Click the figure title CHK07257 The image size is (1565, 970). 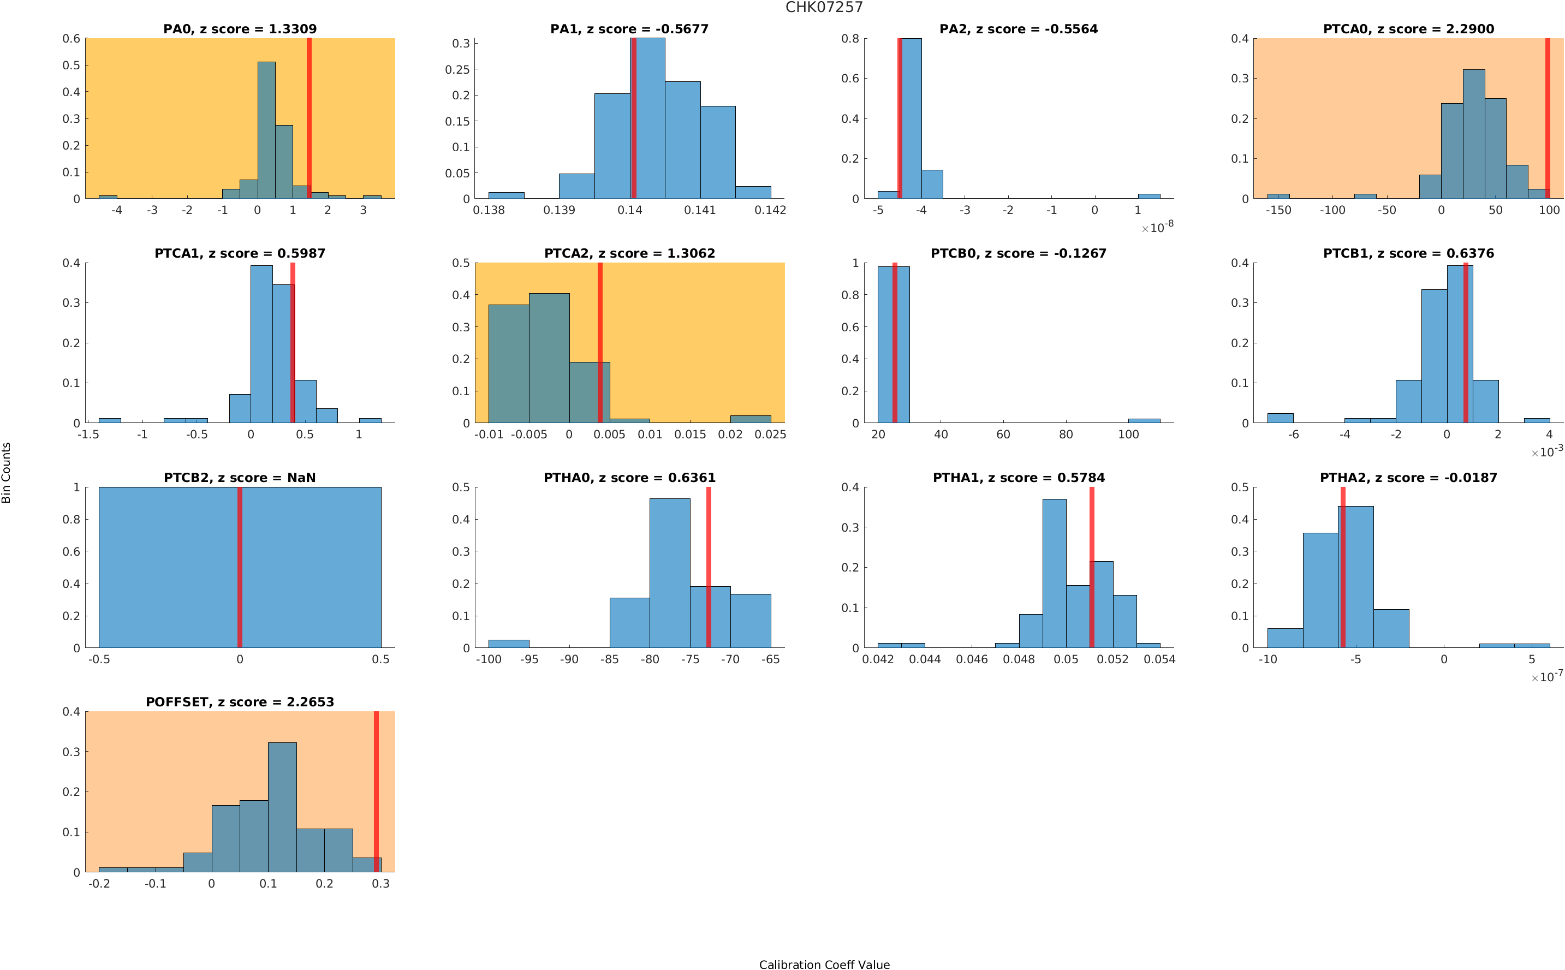(824, 7)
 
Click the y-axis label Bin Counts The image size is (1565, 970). (7, 472)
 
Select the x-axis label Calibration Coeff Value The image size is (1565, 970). (824, 963)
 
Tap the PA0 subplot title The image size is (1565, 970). (240, 29)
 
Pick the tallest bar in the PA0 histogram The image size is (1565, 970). (266, 130)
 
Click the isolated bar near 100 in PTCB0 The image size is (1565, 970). (1144, 420)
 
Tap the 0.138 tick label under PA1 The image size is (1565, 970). (489, 210)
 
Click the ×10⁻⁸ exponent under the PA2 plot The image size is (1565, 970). (1157, 227)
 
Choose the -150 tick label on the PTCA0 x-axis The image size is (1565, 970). (1278, 210)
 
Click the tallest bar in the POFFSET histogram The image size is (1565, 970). (282, 806)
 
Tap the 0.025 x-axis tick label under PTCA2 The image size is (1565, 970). (770, 435)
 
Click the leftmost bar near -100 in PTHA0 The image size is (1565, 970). (509, 643)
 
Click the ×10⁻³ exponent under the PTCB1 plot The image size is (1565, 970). (1546, 451)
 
